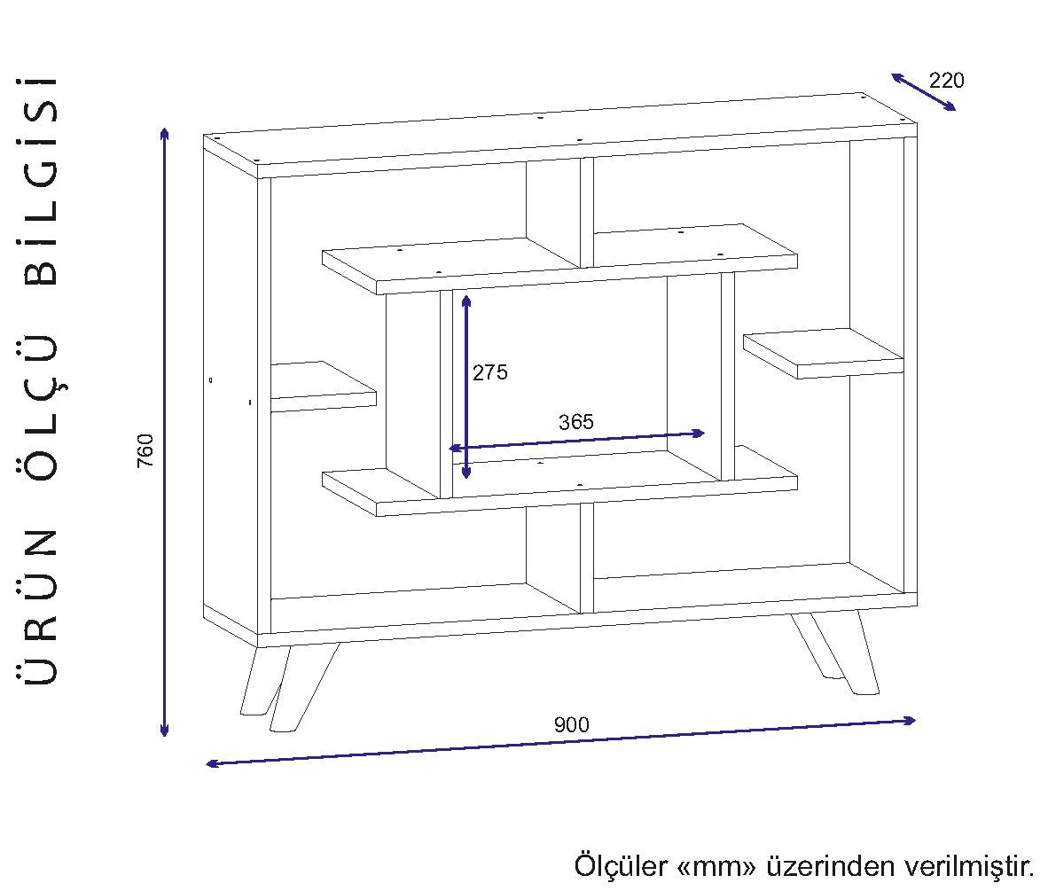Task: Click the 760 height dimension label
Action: tap(145, 450)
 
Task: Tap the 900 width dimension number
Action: tap(571, 724)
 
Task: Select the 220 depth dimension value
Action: tap(946, 80)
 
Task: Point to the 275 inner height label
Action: tap(490, 372)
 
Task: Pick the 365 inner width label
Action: tap(575, 422)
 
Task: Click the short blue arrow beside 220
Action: tap(924, 92)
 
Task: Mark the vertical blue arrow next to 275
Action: tap(466, 387)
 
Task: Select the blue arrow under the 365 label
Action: tap(576, 441)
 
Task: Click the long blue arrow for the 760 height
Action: tap(164, 432)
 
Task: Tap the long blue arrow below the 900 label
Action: tap(560, 742)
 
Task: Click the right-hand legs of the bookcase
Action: tap(838, 652)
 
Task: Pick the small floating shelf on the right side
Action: tap(823, 353)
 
